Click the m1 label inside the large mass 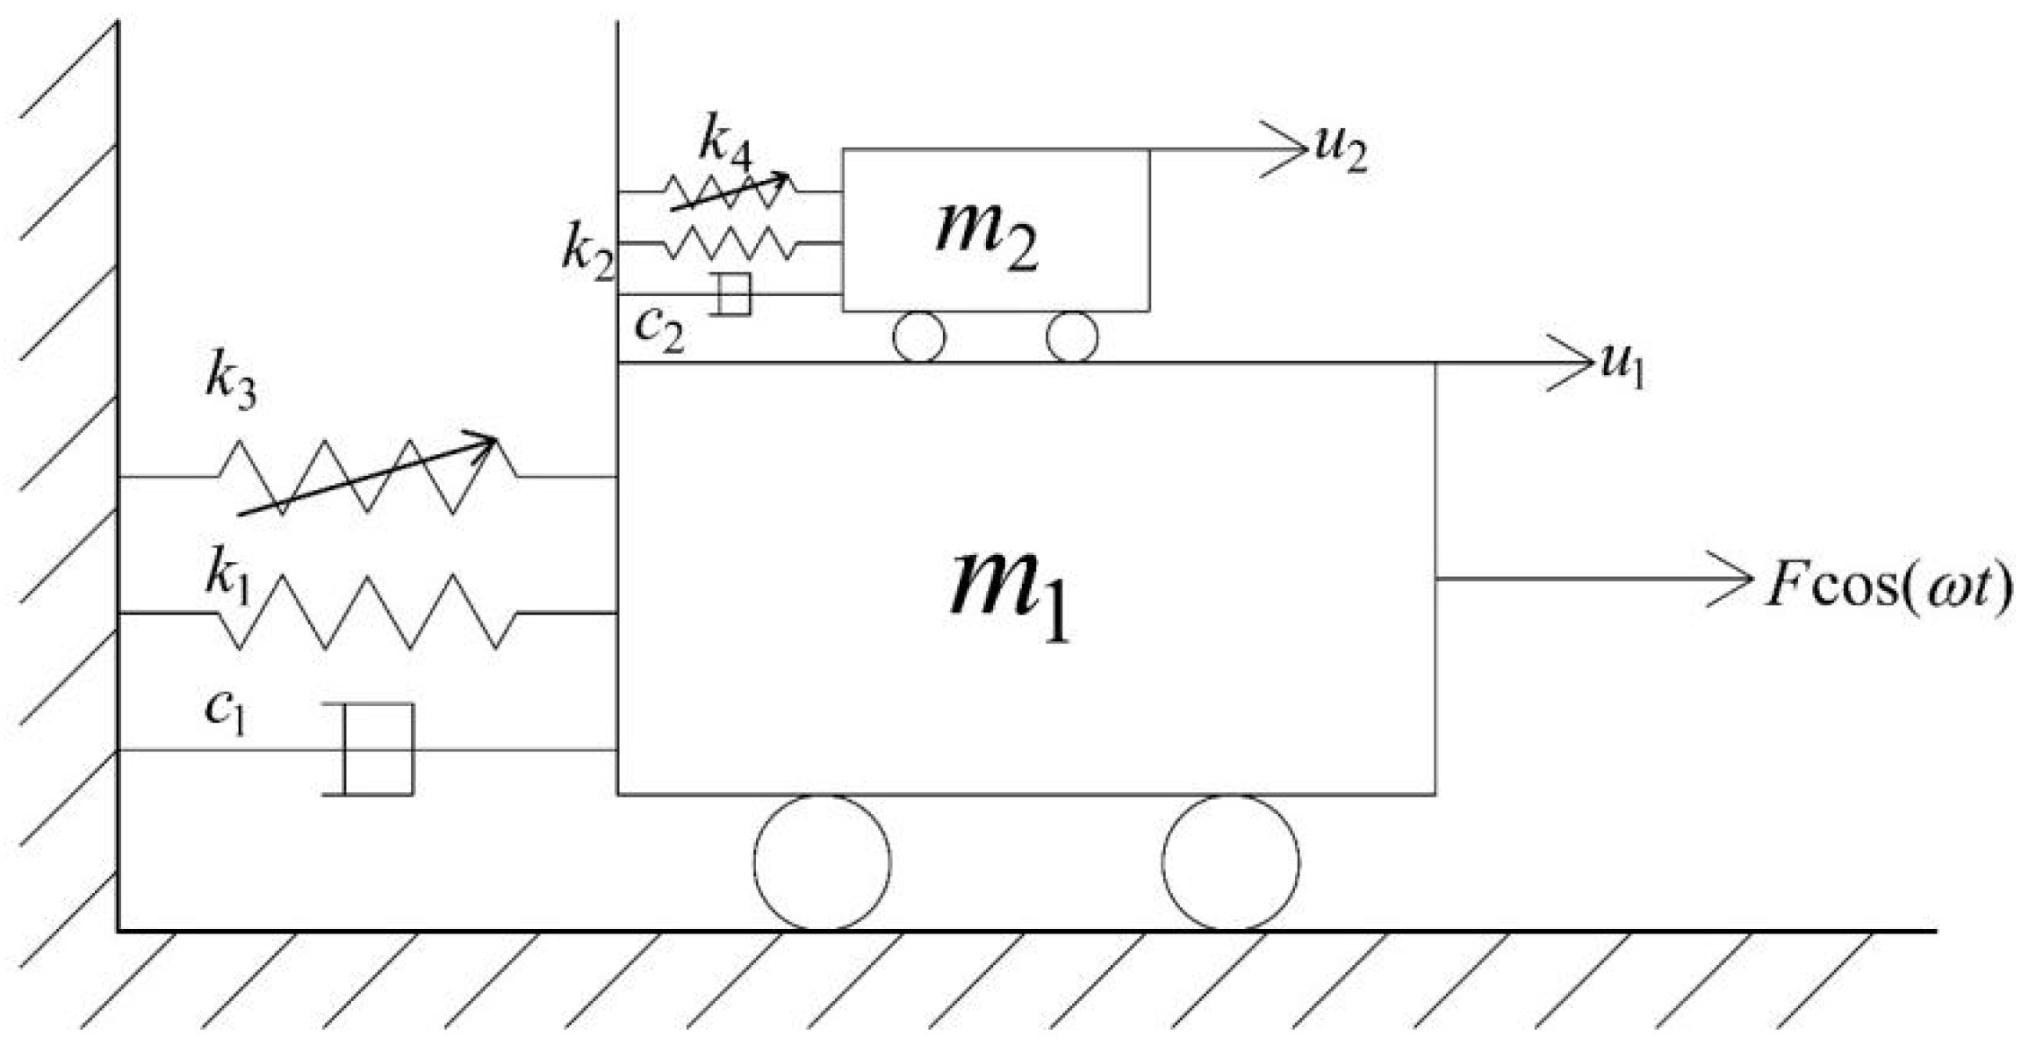click(x=1010, y=594)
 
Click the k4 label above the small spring click(x=725, y=143)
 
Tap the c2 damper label click(x=658, y=329)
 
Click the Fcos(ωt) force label click(x=1888, y=586)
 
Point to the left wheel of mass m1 click(x=822, y=862)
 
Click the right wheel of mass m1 click(x=1230, y=862)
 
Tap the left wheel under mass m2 click(x=919, y=336)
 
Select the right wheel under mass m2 click(x=1072, y=336)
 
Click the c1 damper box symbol click(x=378, y=749)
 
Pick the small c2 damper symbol click(x=734, y=294)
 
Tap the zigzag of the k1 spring click(x=367, y=612)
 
